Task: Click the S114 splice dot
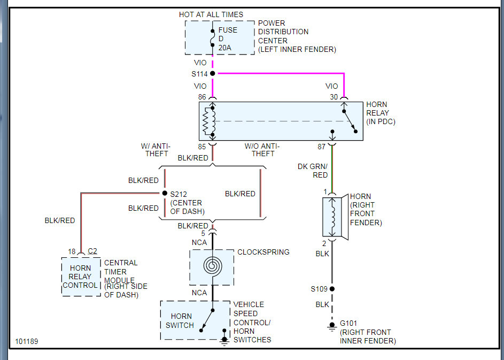pyautogui.click(x=213, y=73)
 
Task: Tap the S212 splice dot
pyautogui.click(x=165, y=193)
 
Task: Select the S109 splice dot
pyautogui.click(x=332, y=289)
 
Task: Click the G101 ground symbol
pyautogui.click(x=332, y=326)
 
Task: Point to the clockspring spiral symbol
pyautogui.click(x=213, y=266)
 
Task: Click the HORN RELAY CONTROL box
pyautogui.click(x=81, y=277)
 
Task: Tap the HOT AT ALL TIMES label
pyautogui.click(x=211, y=14)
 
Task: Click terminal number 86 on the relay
pyautogui.click(x=202, y=97)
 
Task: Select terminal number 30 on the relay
pyautogui.click(x=334, y=97)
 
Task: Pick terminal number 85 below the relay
pyautogui.click(x=202, y=147)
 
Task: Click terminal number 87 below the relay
pyautogui.click(x=321, y=147)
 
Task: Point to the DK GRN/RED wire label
pyautogui.click(x=313, y=171)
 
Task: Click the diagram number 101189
pyautogui.click(x=27, y=341)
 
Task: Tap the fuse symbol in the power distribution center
pyautogui.click(x=213, y=38)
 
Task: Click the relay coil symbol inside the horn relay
pyautogui.click(x=209, y=121)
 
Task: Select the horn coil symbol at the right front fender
pyautogui.click(x=332, y=217)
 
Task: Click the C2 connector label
pyautogui.click(x=92, y=251)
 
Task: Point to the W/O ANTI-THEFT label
pyautogui.click(x=262, y=150)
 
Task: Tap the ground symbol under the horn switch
pyautogui.click(x=224, y=341)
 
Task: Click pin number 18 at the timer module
pyautogui.click(x=72, y=251)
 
